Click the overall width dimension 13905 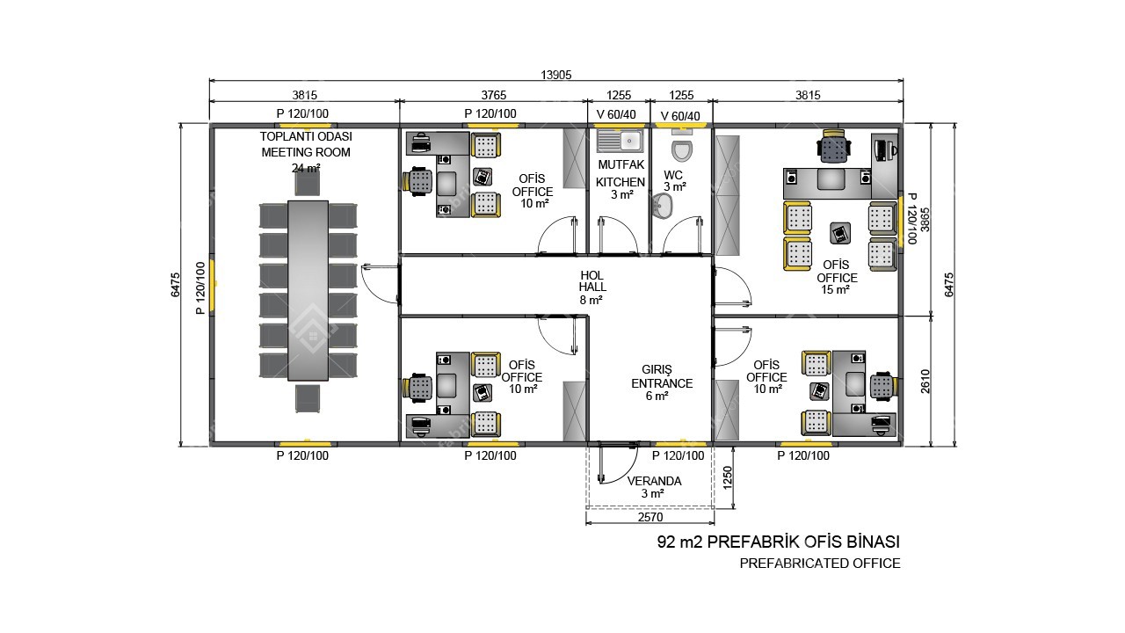(x=556, y=75)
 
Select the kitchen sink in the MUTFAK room (x=620, y=141)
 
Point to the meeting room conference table (x=308, y=291)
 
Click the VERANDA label (x=655, y=481)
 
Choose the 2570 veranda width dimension (x=650, y=517)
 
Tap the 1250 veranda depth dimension (x=727, y=477)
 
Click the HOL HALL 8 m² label (x=592, y=287)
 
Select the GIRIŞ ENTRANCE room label (x=662, y=382)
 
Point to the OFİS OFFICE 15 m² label (x=836, y=277)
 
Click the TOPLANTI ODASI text (x=306, y=136)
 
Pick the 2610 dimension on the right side (x=925, y=381)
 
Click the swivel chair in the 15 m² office (x=834, y=146)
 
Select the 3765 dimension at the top (x=494, y=95)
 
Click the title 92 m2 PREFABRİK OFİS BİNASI (x=779, y=542)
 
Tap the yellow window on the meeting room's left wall (x=213, y=287)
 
